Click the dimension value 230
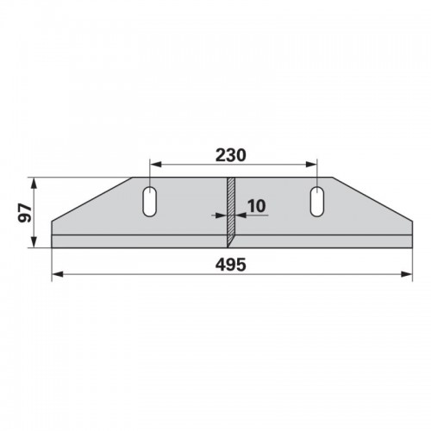231,155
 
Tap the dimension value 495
231,265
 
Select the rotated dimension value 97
24,213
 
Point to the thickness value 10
257,206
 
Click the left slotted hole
150,202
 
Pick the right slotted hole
317,202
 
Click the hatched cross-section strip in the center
231,212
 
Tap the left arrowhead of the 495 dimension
58,274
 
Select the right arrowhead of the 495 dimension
407,274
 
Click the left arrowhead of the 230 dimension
156,165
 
